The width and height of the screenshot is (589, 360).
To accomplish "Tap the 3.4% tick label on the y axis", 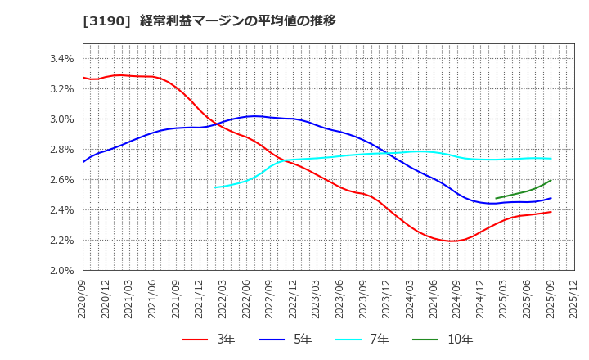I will (62, 59).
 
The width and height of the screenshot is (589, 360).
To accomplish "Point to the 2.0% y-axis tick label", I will (62, 271).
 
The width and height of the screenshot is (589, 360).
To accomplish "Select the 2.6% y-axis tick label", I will (62, 180).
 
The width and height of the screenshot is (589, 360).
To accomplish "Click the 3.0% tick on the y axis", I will (62, 119).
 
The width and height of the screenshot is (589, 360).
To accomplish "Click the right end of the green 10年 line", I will (551, 180).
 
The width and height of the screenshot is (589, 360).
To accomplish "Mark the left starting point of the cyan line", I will (215, 187).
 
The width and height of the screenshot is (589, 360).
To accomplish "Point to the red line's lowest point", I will (452, 241).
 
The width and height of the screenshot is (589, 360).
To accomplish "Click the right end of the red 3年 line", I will (551, 212).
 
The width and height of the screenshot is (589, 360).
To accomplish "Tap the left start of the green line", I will (497, 198).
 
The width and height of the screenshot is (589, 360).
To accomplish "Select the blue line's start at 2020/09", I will (83, 162).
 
